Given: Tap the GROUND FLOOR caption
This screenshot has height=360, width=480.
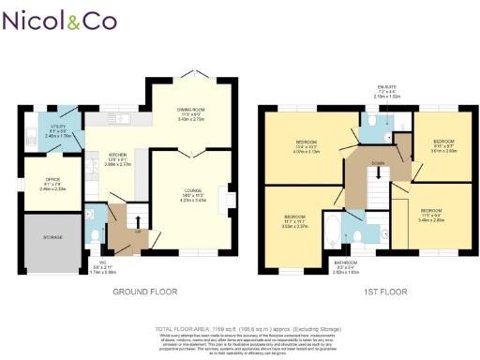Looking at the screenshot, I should coord(145,292).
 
